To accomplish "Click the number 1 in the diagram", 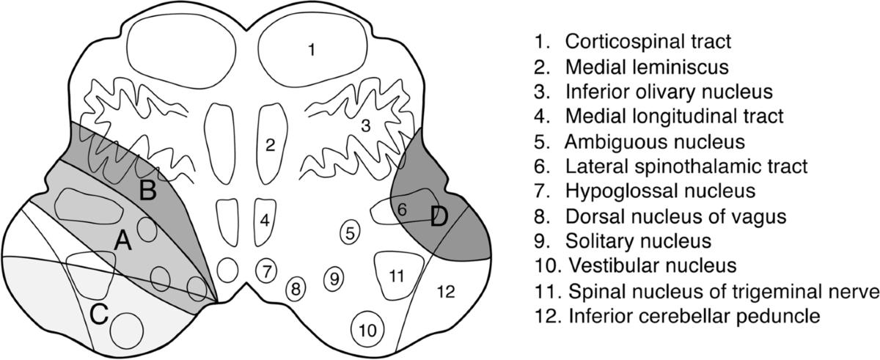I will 312,50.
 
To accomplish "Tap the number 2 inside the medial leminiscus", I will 271,145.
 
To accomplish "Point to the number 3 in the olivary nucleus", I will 365,126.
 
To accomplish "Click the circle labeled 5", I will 351,233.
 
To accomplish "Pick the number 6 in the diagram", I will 401,210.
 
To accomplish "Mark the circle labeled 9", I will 334,278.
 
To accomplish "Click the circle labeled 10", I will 369,329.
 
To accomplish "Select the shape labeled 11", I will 397,276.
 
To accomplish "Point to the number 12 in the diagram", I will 446,292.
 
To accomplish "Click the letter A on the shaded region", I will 122,240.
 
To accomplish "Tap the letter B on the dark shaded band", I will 147,192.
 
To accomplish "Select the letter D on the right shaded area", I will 439,218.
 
